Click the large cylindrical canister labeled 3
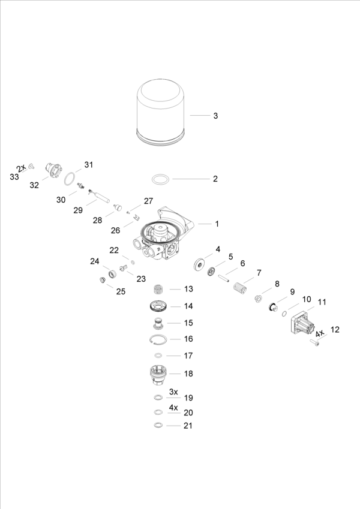(161, 113)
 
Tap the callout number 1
(217, 224)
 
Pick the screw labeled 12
(314, 343)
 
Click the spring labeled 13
(158, 288)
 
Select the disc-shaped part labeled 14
(158, 306)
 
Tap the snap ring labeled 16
(158, 340)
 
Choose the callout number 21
(188, 426)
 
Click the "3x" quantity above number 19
(173, 391)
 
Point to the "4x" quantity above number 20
(173, 406)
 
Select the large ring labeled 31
(70, 178)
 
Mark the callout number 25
(121, 291)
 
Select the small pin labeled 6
(224, 277)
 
